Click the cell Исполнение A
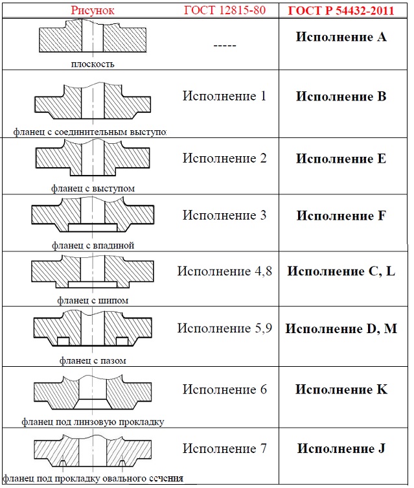coord(341,37)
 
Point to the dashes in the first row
coord(224,46)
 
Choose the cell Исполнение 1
coord(224,97)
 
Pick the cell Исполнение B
coord(341,97)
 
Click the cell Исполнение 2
coord(224,158)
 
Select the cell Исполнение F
coord(341,216)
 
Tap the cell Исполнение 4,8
coord(224,271)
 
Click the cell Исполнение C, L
coord(341,271)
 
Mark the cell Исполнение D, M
coord(341,328)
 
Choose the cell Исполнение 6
coord(224,389)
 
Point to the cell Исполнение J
coord(341,448)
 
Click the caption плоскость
coord(93,64)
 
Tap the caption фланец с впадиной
coord(93,246)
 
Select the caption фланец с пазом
coord(93,360)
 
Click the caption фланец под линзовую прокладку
coord(93,422)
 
